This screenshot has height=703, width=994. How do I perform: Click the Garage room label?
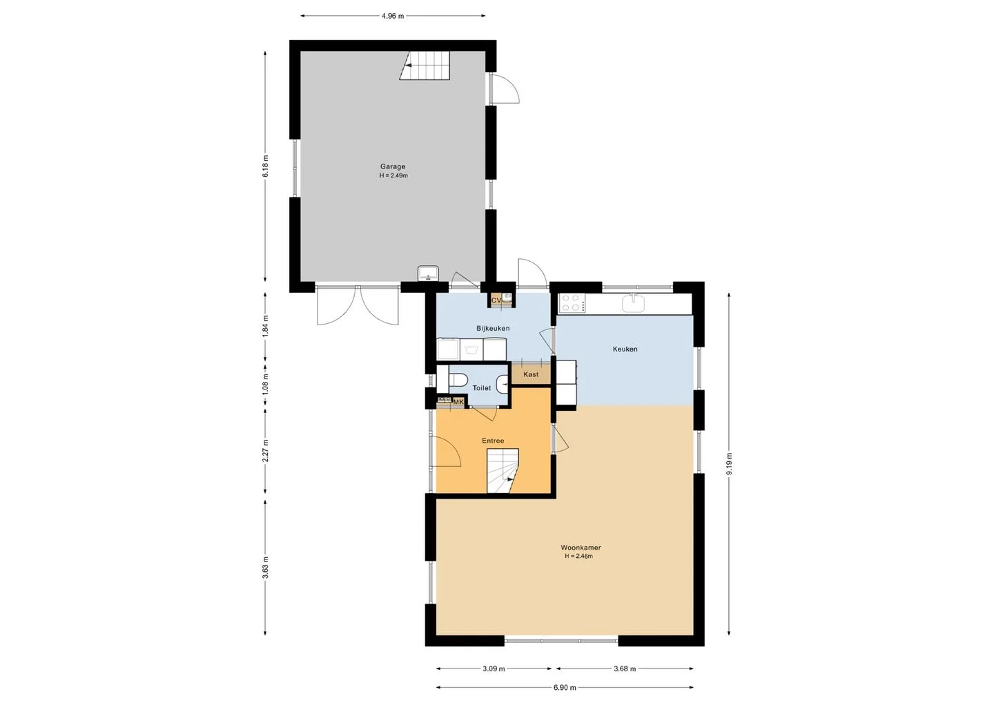(x=393, y=167)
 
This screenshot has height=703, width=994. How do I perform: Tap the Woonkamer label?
(x=581, y=548)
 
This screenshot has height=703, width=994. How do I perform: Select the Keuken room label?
(x=625, y=349)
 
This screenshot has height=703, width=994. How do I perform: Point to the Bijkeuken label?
(x=493, y=329)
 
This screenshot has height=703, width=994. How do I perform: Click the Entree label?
(x=493, y=441)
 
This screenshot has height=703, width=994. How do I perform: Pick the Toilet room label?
(x=482, y=388)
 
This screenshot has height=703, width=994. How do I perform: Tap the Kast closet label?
(x=531, y=374)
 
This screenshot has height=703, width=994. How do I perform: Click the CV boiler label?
(x=496, y=300)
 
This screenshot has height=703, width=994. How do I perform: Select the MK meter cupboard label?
(x=458, y=402)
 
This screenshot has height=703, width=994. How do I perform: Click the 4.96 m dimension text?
(x=393, y=16)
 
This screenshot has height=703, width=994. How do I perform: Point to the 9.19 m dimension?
(x=729, y=464)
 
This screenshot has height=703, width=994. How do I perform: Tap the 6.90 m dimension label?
(x=565, y=688)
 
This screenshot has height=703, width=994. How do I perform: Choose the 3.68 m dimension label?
(x=625, y=668)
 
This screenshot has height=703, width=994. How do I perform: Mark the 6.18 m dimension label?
(x=265, y=166)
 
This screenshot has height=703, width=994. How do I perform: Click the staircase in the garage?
(x=425, y=66)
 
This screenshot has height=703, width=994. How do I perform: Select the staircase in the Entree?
(x=503, y=470)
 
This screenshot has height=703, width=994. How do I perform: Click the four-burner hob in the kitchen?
(x=572, y=302)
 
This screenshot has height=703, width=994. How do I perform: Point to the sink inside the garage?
(x=428, y=273)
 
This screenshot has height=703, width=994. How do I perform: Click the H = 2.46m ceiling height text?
(x=578, y=556)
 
